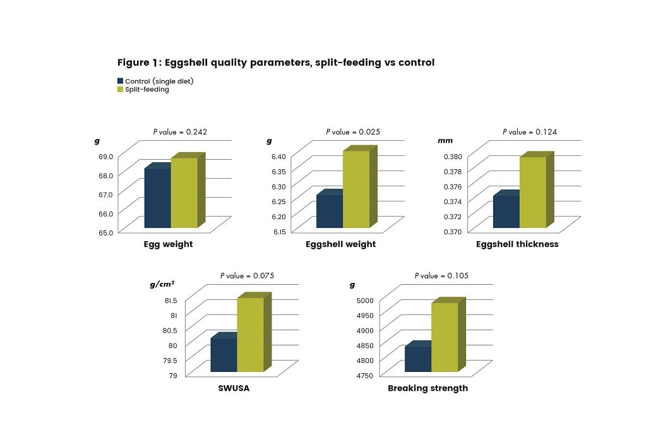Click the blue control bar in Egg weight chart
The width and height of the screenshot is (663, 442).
tap(158, 198)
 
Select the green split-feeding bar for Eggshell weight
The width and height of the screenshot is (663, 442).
tap(356, 189)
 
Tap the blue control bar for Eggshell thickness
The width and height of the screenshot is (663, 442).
tap(506, 212)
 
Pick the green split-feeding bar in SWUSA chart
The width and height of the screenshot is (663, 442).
tap(250, 335)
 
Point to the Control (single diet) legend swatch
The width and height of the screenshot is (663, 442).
tap(120, 81)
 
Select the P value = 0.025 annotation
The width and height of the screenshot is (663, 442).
tap(354, 132)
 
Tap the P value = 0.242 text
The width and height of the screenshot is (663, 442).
tap(181, 132)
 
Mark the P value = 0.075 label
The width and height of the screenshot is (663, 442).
tap(247, 276)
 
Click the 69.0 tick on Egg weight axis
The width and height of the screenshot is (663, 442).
tap(106, 157)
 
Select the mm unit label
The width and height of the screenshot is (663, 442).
tap(445, 141)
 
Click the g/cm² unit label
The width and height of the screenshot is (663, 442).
tap(162, 285)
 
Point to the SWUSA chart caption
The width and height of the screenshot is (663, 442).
tap(234, 388)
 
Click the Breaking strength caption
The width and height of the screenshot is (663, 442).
tap(427, 388)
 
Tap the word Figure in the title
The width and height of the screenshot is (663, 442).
tap(133, 63)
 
